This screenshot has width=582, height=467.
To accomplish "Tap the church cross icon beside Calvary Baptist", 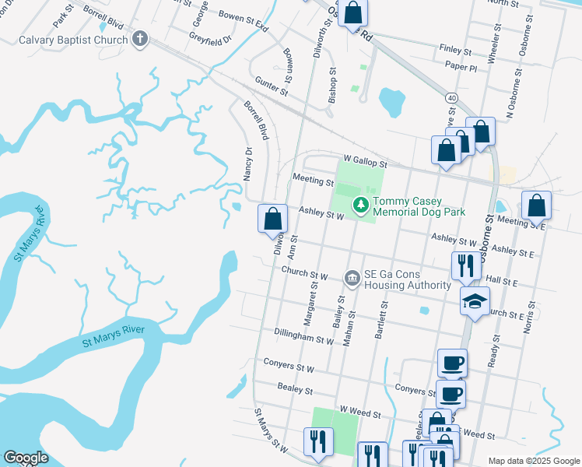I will (x=140, y=39).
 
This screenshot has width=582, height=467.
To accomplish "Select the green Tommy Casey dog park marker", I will (x=360, y=205).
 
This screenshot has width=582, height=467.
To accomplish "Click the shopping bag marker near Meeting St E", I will (x=536, y=206).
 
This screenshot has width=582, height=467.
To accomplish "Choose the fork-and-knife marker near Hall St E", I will (x=466, y=265).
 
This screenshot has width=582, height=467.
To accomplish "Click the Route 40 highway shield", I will (x=451, y=97).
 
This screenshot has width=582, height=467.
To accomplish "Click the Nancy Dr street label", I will (x=249, y=164).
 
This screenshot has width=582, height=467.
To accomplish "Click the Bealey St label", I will (x=295, y=389).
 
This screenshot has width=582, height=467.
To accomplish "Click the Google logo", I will (x=26, y=458).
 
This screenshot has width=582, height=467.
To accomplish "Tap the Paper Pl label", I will (x=461, y=68).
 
